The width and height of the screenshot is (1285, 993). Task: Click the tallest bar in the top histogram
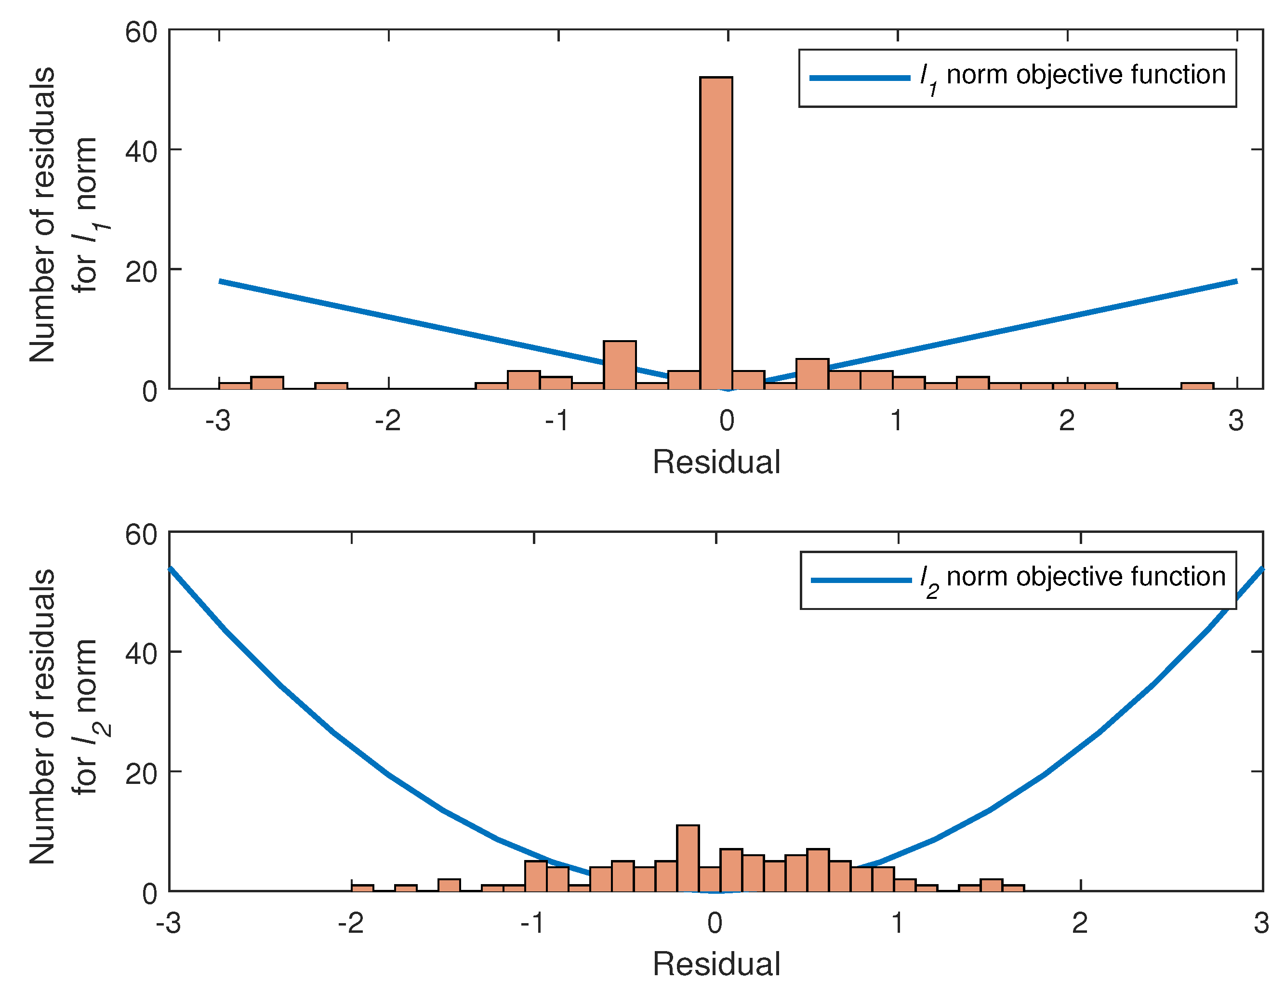(x=716, y=233)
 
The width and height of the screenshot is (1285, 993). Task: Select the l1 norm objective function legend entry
(x=1018, y=78)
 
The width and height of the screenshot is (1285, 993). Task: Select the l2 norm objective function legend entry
(x=1019, y=580)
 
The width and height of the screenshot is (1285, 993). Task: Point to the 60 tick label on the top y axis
(x=142, y=32)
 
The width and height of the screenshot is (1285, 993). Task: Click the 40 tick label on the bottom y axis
(x=142, y=653)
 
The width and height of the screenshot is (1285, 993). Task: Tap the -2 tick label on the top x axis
(x=388, y=421)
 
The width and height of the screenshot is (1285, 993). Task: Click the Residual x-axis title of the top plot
(x=716, y=462)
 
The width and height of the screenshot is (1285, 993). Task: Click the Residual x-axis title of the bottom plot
(x=716, y=964)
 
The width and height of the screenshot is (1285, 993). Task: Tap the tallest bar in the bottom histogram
(x=688, y=858)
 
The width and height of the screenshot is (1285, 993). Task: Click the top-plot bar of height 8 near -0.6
(x=620, y=365)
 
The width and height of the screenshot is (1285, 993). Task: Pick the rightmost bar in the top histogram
(x=1197, y=386)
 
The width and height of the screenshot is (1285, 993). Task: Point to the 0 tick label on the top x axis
(x=727, y=421)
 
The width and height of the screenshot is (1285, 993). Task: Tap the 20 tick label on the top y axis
(x=142, y=272)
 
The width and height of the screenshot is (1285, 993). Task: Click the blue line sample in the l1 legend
(x=860, y=78)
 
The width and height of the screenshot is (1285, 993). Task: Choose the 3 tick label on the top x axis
(x=1235, y=421)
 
